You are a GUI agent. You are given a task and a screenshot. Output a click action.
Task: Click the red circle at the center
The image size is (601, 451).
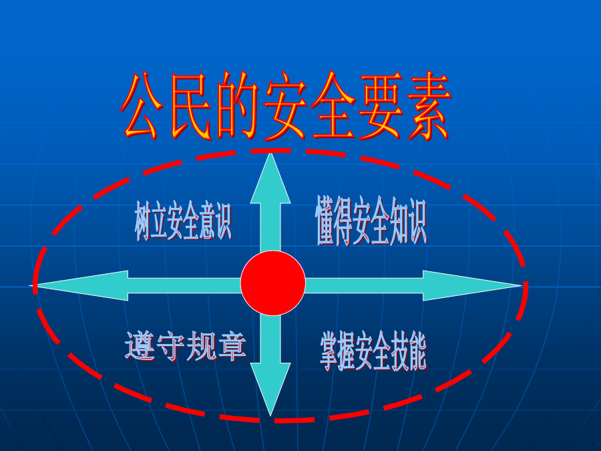(273, 283)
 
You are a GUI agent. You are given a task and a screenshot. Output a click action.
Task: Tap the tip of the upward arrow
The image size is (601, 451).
(270, 153)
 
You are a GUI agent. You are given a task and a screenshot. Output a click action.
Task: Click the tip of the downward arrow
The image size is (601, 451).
(270, 416)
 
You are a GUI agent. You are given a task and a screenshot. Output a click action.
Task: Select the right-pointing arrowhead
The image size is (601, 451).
(472, 286)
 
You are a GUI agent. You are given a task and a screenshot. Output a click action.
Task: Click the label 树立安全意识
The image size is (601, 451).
(183, 220)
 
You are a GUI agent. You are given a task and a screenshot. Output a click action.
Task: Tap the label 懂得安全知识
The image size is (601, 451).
(371, 220)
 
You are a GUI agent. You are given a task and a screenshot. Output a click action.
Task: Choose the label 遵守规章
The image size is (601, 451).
(186, 346)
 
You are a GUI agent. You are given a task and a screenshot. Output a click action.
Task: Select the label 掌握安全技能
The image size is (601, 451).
(373, 351)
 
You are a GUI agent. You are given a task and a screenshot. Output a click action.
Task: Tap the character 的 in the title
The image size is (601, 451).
(238, 106)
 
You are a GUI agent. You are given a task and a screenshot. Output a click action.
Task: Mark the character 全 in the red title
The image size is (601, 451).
(333, 106)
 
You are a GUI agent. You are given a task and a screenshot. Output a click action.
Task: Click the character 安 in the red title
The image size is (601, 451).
(285, 106)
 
